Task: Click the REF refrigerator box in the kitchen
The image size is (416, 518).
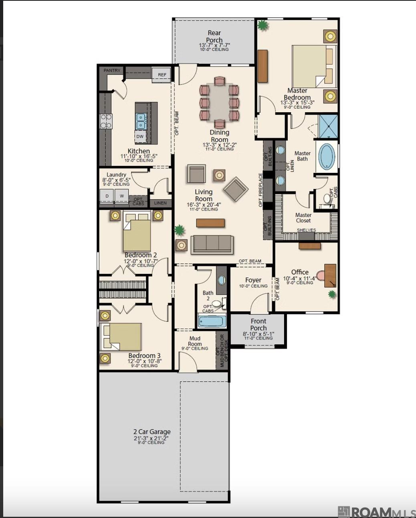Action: (x=162, y=75)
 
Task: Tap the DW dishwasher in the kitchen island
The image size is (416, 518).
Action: (x=140, y=136)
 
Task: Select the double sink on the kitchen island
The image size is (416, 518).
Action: (x=141, y=121)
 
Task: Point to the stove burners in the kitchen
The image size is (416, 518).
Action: (x=106, y=121)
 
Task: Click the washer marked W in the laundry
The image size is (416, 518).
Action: (x=121, y=196)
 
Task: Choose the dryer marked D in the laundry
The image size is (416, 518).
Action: (x=107, y=196)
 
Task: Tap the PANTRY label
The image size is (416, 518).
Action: (x=112, y=71)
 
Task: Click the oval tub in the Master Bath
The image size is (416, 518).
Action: (x=327, y=156)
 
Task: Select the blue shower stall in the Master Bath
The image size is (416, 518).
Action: (x=328, y=126)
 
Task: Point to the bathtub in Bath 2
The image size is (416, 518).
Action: (x=212, y=321)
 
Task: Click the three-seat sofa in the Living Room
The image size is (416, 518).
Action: (x=212, y=245)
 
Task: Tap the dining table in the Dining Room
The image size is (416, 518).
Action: (x=219, y=102)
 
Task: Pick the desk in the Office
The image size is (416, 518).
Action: (x=330, y=275)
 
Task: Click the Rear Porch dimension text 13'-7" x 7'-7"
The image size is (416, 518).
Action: (x=214, y=45)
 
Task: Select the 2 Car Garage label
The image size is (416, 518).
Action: (x=152, y=431)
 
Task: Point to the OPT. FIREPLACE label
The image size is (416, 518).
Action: (x=261, y=190)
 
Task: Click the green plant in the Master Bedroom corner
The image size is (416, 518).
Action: (x=263, y=25)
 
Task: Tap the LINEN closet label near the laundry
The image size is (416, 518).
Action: (x=160, y=203)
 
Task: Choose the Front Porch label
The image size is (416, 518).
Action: (x=258, y=324)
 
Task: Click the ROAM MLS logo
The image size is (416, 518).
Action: (x=377, y=512)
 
